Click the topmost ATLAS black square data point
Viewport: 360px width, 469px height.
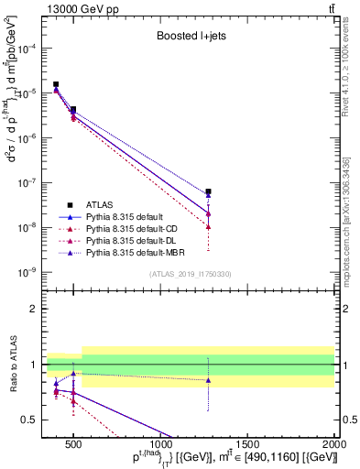(x=56, y=84)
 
